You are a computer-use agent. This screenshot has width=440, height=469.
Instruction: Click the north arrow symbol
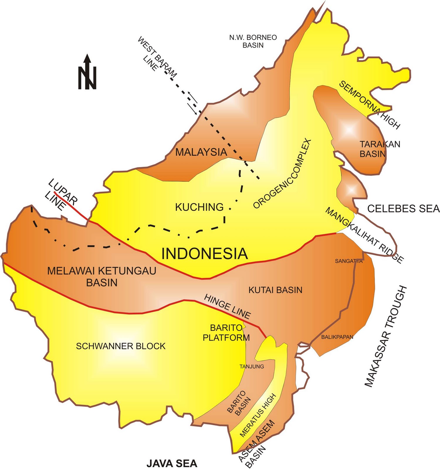coord(87,72)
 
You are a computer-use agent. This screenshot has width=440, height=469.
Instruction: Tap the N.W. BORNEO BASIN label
coord(253,41)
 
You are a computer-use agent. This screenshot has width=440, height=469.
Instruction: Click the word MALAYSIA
coord(201,152)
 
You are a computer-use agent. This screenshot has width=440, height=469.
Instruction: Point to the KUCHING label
coord(199,207)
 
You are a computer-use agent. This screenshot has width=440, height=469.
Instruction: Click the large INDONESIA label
coord(204,254)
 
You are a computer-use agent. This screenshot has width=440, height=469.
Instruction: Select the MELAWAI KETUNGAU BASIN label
coord(101,276)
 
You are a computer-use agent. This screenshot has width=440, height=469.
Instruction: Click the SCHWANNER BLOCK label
coord(121,346)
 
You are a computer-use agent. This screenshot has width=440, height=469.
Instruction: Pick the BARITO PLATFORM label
coord(226,333)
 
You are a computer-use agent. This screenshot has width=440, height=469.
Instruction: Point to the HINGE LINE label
coord(227,307)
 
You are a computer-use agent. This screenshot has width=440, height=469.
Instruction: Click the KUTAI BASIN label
coord(275,290)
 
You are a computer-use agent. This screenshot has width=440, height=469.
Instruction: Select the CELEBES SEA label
coord(403,208)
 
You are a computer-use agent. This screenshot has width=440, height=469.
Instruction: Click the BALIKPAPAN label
coord(337,337)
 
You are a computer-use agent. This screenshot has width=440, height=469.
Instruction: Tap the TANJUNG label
coord(252,366)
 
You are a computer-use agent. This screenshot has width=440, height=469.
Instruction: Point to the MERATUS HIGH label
coord(258,415)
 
